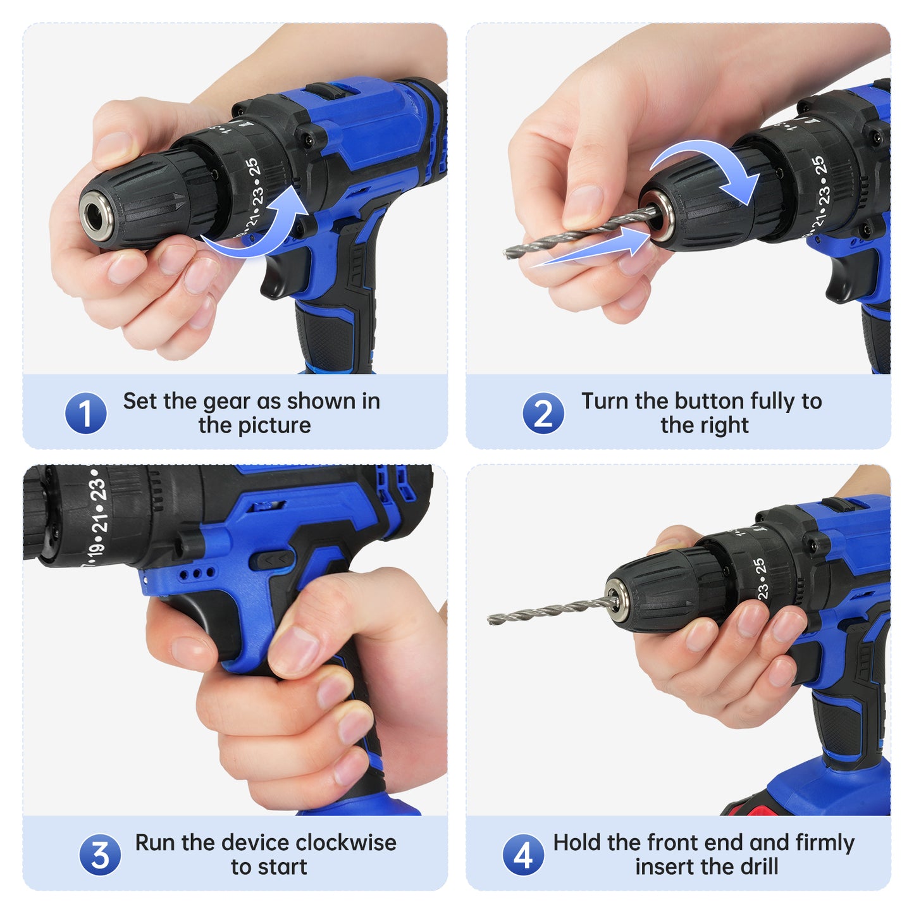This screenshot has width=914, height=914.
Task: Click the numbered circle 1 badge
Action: point(85,412)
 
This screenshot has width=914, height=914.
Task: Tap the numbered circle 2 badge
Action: point(543,412)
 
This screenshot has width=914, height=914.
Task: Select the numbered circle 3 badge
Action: point(99,855)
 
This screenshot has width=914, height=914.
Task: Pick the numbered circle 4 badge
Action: point(522,855)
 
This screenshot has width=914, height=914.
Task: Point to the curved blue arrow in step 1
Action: point(266,232)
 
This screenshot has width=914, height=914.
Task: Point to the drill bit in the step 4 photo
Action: point(553,610)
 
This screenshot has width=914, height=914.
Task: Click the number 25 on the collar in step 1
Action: point(253,168)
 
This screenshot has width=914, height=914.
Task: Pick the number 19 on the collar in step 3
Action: point(92,550)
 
